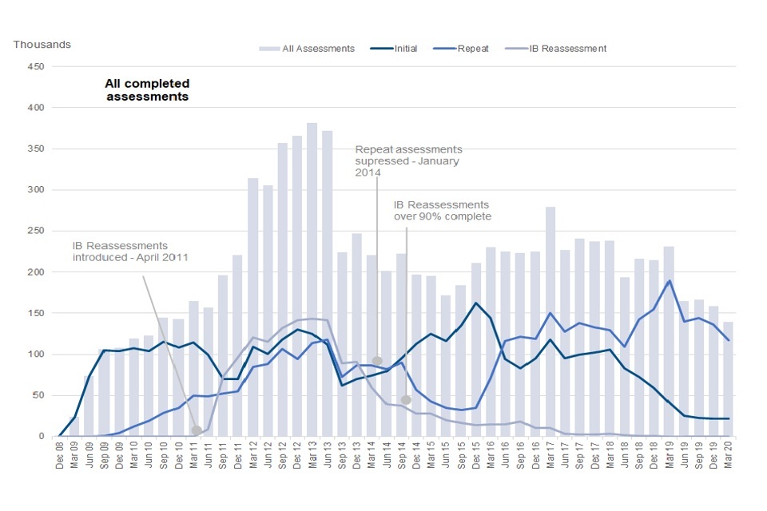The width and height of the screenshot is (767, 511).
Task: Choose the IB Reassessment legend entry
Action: (x=567, y=49)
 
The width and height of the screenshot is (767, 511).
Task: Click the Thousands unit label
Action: (x=42, y=44)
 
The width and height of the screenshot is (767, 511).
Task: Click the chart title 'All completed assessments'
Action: (x=147, y=89)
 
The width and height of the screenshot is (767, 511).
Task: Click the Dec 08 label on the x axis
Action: (x=60, y=456)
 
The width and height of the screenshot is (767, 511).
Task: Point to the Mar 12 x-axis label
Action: (x=252, y=456)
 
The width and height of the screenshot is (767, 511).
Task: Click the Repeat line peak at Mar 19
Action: (x=669, y=281)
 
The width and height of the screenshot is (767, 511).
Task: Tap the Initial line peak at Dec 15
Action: (x=476, y=303)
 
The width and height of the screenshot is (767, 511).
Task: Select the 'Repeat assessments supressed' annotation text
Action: (x=408, y=160)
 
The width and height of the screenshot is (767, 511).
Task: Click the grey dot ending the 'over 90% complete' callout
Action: (x=406, y=399)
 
